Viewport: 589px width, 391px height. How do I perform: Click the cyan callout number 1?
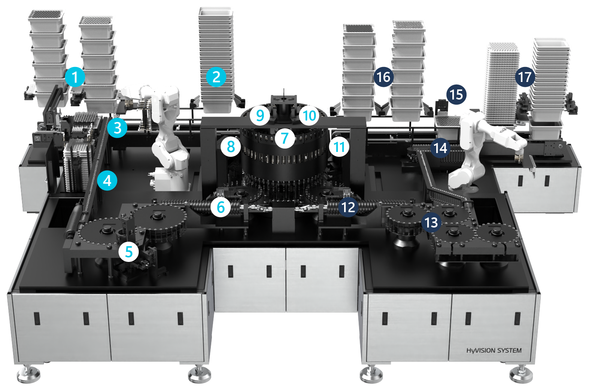tap(75, 77)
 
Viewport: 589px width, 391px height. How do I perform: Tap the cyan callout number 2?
tap(216, 77)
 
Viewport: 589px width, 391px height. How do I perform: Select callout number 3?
tap(117, 128)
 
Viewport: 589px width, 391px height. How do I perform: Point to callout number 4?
tap(107, 180)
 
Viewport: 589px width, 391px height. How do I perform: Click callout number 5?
tap(128, 252)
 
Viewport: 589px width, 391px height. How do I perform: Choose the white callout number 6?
tap(221, 207)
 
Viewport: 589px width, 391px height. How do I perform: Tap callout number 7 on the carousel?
tap(285, 138)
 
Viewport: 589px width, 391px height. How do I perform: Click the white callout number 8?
tap(231, 147)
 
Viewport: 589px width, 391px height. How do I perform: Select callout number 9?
tap(260, 115)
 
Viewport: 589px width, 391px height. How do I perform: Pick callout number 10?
tap(309, 115)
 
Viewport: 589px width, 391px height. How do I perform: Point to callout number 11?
tap(339, 147)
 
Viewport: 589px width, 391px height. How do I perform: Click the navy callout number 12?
tap(348, 207)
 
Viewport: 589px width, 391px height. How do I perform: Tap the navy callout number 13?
tap(431, 222)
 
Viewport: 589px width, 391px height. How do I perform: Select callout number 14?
tap(440, 148)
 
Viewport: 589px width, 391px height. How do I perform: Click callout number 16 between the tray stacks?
tap(384, 77)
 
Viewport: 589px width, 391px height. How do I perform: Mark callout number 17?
tap(525, 77)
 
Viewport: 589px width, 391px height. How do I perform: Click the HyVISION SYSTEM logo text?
tap(494, 351)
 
